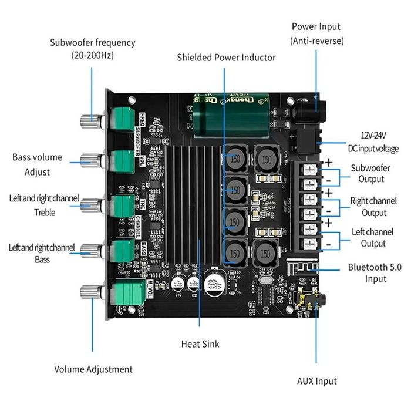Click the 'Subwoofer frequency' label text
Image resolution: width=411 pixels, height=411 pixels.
point(92,43)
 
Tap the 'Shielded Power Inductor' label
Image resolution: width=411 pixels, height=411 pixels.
point(226,57)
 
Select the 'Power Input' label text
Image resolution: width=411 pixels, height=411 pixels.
point(316,26)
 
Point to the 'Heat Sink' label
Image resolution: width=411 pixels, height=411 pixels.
point(200,343)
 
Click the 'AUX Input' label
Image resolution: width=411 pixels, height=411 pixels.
point(317,381)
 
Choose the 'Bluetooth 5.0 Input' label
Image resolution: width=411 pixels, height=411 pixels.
point(376,273)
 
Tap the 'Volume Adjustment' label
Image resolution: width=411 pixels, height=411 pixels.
point(93,369)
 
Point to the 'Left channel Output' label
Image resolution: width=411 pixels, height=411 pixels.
point(373,238)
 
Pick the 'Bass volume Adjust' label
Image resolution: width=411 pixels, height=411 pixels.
point(37,164)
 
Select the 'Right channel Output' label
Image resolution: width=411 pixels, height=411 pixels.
point(373,206)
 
